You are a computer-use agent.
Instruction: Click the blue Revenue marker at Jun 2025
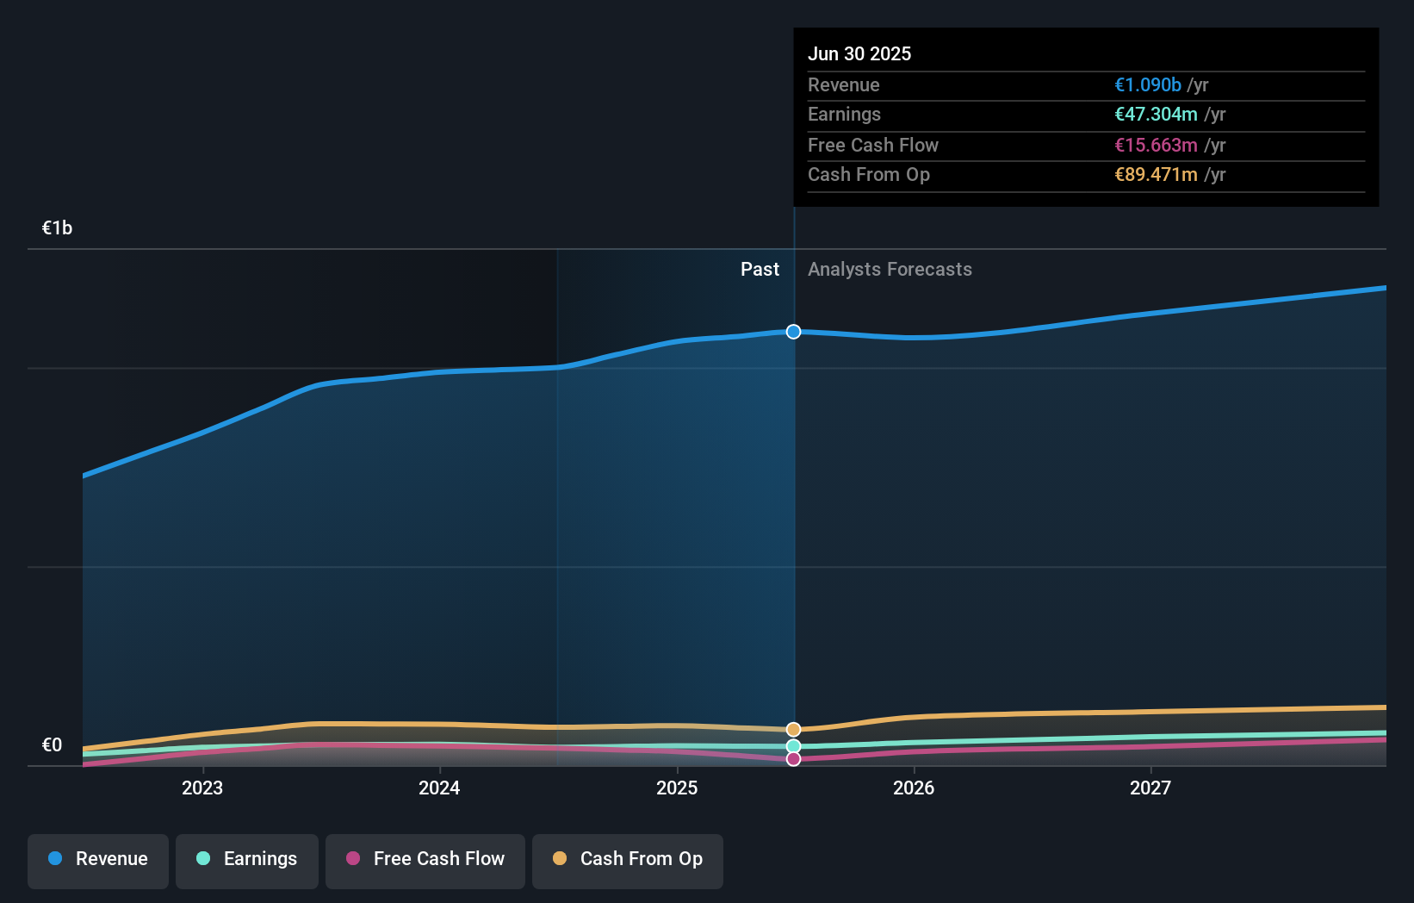[x=793, y=332]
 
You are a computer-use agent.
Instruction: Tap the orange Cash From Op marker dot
[x=793, y=730]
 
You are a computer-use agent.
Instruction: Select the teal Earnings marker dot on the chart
[x=793, y=746]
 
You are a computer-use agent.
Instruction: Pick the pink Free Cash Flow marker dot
[x=793, y=759]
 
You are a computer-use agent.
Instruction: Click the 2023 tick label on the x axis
[x=202, y=788]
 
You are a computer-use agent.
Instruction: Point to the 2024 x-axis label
[x=439, y=788]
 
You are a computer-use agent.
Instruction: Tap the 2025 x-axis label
[x=677, y=788]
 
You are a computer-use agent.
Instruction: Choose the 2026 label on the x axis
[x=914, y=788]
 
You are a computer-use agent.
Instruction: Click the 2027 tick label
[x=1150, y=788]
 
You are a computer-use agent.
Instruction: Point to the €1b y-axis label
[x=57, y=227]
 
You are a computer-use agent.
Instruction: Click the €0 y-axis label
[x=52, y=744]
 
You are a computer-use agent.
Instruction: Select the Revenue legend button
[x=98, y=859]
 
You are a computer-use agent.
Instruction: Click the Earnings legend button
[x=247, y=859]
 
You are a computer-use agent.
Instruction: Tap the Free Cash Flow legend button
[x=425, y=859]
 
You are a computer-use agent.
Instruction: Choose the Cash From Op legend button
[x=628, y=859]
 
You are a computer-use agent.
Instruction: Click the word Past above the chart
[x=760, y=269]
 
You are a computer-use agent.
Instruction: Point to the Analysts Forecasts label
[x=890, y=269]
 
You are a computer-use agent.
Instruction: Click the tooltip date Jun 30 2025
[x=859, y=53]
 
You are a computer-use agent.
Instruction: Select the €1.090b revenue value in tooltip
[x=1147, y=84]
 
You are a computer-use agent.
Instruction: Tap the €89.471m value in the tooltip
[x=1156, y=174]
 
